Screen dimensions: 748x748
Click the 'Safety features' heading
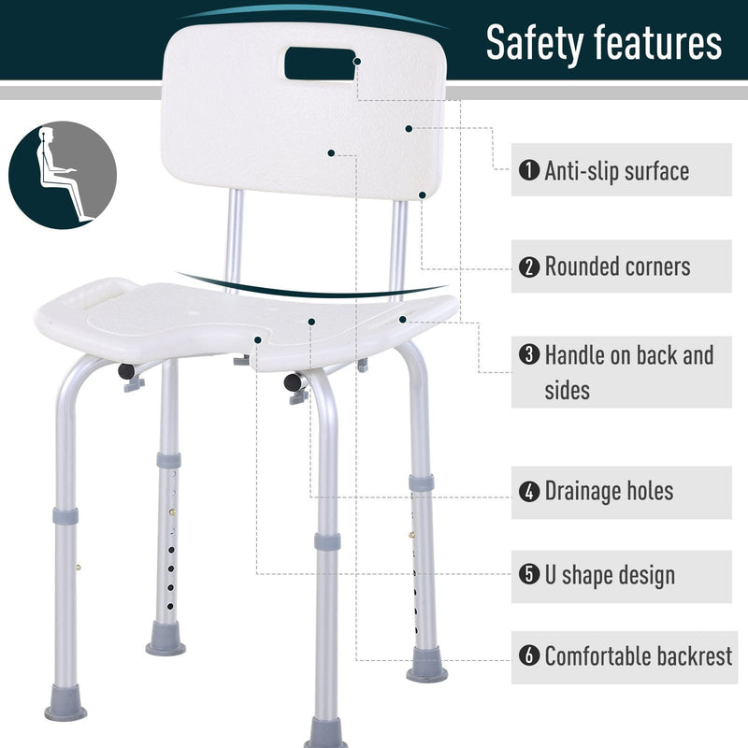pyautogui.click(x=604, y=43)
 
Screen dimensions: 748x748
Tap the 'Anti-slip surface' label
pyautogui.click(x=617, y=171)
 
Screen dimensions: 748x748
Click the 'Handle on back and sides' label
pyautogui.click(x=628, y=371)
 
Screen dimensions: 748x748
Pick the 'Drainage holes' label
pyautogui.click(x=609, y=491)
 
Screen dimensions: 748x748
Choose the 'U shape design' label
pyautogui.click(x=610, y=574)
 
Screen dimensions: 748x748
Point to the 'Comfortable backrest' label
pyautogui.click(x=639, y=656)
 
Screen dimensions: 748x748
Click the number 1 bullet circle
pyautogui.click(x=529, y=171)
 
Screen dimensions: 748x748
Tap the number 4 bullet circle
pyautogui.click(x=529, y=491)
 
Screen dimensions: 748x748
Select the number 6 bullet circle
pyautogui.click(x=529, y=656)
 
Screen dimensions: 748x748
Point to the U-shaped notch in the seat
pyautogui.click(x=252, y=341)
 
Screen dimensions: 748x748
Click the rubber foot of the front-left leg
pyautogui.click(x=65, y=704)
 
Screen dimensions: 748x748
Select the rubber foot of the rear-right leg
pyautogui.click(x=426, y=671)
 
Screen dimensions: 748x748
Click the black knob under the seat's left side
pyautogui.click(x=126, y=370)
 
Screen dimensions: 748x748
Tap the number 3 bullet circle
pyautogui.click(x=529, y=355)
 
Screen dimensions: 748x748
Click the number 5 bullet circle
pyautogui.click(x=529, y=574)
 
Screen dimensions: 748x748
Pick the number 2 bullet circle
pyautogui.click(x=529, y=266)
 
